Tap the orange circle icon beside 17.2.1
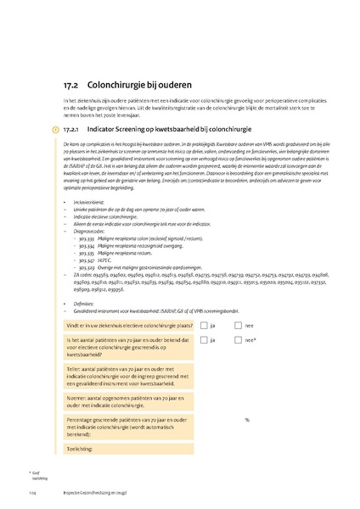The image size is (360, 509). coord(56,129)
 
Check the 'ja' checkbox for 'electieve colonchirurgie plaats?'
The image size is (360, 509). coord(205,325)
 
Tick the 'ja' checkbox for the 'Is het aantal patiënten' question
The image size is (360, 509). coord(205,340)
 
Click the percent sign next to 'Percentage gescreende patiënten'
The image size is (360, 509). coord(247,420)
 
